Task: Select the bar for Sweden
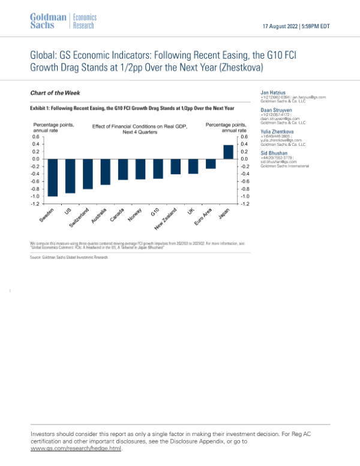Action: coord(53,178)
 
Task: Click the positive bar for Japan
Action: coord(228,152)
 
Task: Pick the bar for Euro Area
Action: coord(211,164)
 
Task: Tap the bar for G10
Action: coord(158,169)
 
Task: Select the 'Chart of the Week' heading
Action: coord(55,93)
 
